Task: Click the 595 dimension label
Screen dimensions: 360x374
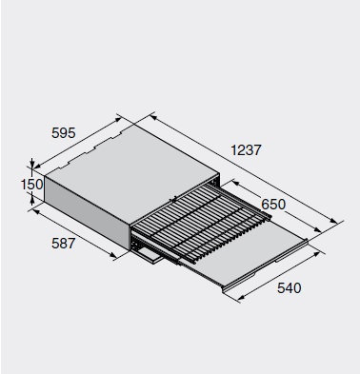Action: (64, 132)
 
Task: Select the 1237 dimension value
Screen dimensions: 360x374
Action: (246, 150)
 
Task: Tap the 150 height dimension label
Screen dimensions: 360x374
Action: (31, 185)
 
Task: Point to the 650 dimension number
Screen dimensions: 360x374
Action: (273, 205)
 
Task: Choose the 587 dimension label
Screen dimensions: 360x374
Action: (64, 244)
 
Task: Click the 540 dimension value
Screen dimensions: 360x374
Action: (289, 288)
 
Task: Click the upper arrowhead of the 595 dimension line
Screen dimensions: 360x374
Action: (118, 119)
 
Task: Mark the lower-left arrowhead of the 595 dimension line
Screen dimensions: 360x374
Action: (37, 166)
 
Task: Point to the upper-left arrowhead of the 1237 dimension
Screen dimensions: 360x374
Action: (153, 118)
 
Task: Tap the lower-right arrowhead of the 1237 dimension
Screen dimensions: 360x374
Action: (333, 221)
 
